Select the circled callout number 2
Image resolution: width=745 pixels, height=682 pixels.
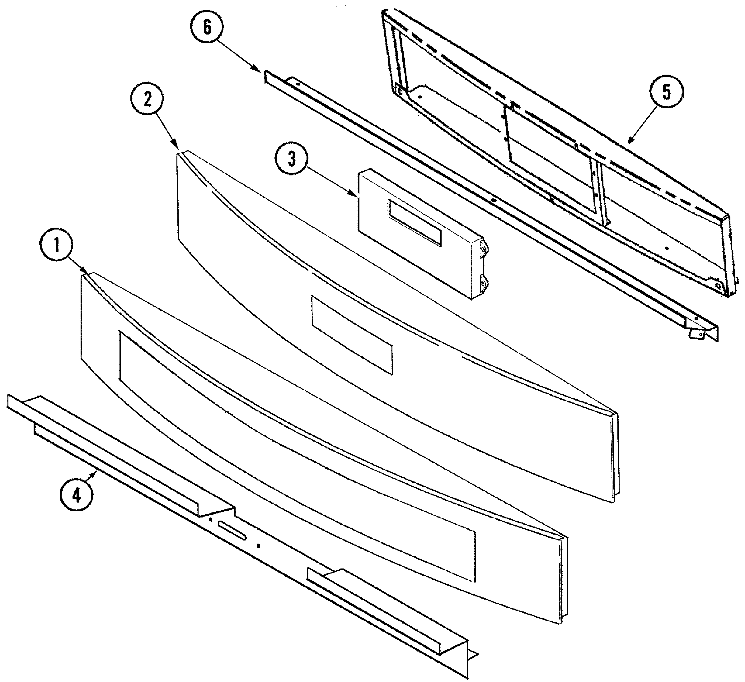148,100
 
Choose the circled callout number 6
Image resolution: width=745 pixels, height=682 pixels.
207,28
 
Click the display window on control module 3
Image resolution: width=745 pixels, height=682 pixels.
414,223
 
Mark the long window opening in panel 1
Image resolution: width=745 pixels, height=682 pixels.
296,454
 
